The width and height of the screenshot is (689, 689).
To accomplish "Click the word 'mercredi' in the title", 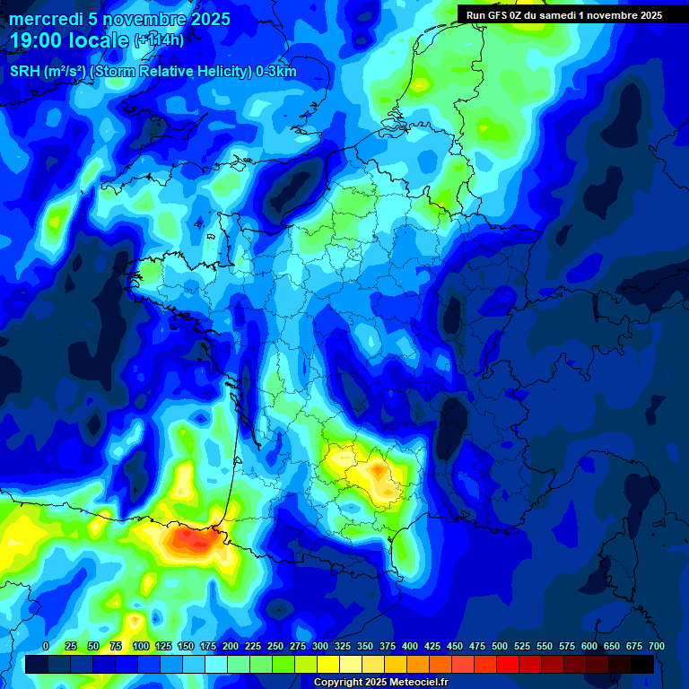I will click(x=46, y=19).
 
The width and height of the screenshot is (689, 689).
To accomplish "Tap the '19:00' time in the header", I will click(x=35, y=40).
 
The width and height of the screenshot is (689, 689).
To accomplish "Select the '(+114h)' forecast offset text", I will click(x=159, y=40).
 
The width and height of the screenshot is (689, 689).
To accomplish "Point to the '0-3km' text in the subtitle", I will click(x=276, y=72).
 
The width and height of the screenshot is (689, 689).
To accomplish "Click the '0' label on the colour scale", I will click(x=46, y=646).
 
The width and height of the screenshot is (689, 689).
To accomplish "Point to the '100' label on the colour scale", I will click(x=141, y=646).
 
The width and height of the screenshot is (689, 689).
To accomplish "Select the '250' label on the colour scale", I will click(x=275, y=646).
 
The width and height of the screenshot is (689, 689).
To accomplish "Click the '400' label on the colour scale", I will click(x=410, y=646).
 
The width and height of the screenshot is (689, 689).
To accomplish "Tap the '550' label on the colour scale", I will click(x=545, y=646).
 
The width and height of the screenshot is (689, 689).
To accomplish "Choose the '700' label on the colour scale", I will click(x=656, y=646).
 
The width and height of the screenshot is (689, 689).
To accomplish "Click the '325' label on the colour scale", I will click(x=343, y=646).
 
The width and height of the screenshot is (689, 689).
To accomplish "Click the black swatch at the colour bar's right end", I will click(x=642, y=664).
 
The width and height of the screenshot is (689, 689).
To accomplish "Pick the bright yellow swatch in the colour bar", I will click(x=328, y=664).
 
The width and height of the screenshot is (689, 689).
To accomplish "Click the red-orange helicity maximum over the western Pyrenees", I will click(x=188, y=538).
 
